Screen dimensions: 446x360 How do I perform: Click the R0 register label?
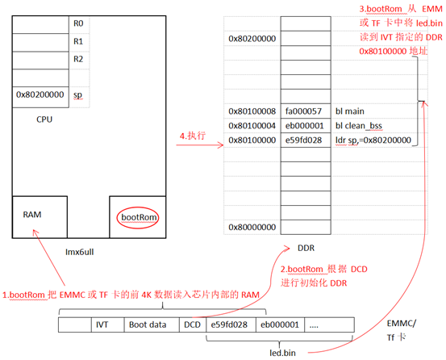(x=78, y=23)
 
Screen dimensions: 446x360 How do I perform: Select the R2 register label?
(x=78, y=59)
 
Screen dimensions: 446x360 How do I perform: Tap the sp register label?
(x=77, y=95)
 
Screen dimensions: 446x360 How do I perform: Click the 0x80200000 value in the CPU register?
(x=40, y=94)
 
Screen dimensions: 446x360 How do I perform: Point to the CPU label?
(x=44, y=119)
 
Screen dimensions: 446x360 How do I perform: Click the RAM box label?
(x=32, y=214)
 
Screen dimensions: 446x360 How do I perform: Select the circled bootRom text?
(x=139, y=217)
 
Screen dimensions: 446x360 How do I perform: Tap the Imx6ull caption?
(x=80, y=252)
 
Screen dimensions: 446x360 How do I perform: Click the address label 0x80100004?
(x=252, y=126)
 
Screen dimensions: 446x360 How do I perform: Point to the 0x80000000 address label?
(x=252, y=227)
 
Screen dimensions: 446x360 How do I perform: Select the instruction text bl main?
(x=350, y=111)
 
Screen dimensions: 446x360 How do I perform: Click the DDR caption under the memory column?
(x=306, y=248)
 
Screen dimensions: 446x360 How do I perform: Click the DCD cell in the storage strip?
(x=192, y=324)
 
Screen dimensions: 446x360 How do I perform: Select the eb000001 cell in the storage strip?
(x=280, y=324)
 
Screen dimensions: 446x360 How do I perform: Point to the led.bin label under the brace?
(x=283, y=353)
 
